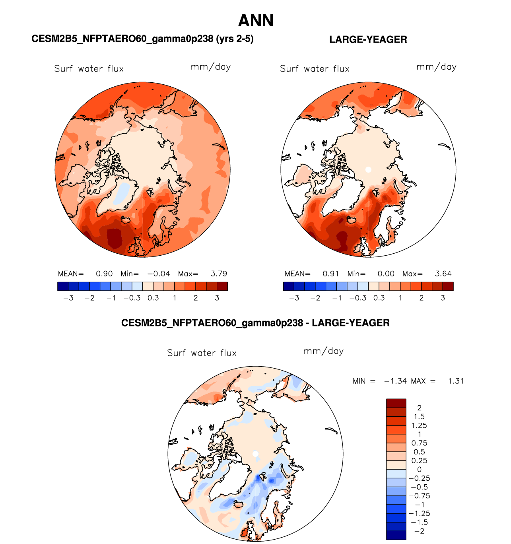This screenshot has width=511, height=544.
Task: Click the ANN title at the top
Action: tap(256, 21)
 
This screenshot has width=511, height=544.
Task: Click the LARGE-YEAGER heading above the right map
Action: tap(368, 39)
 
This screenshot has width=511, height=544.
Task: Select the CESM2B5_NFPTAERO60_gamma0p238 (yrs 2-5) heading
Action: tap(142, 39)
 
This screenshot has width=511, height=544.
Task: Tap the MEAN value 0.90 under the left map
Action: tap(104, 274)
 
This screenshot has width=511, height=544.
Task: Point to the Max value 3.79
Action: tap(219, 274)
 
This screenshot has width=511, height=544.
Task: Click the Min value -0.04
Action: tap(159, 274)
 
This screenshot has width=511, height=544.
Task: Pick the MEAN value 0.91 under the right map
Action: tap(330, 274)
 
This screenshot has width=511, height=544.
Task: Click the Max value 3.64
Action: tap(443, 274)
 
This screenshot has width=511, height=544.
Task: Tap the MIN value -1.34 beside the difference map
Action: tap(395, 381)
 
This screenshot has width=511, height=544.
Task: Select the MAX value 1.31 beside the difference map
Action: tap(456, 381)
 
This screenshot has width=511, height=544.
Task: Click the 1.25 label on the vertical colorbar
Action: tap(419, 425)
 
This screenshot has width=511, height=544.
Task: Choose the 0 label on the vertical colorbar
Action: tap(419, 470)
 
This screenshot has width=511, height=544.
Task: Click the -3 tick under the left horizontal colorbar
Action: tap(68, 298)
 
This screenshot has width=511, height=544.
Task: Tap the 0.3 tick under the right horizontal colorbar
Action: tap(379, 298)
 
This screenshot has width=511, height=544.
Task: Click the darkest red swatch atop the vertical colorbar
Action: tap(396, 403)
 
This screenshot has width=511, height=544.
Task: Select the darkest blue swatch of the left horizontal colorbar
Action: tap(63, 286)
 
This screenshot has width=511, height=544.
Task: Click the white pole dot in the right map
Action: tap(368, 169)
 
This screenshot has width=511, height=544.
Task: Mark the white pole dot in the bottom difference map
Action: tap(255, 454)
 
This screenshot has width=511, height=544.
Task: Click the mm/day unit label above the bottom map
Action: tap(323, 351)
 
